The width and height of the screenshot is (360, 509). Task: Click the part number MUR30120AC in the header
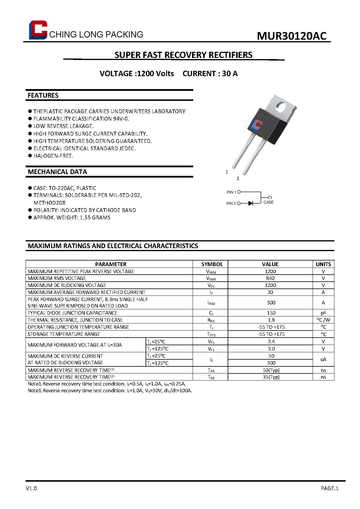(291, 36)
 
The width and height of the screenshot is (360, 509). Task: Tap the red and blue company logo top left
(38, 30)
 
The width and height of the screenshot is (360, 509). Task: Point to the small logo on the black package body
(257, 125)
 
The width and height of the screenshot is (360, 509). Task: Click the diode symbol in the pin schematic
(250, 203)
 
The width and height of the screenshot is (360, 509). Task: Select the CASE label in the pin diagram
(268, 202)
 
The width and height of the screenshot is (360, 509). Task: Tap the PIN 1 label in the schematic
(231, 192)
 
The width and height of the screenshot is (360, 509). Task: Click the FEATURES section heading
(43, 95)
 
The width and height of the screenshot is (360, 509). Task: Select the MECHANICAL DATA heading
(57, 172)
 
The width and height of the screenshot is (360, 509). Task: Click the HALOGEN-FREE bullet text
(53, 156)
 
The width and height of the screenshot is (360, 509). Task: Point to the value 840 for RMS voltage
(270, 278)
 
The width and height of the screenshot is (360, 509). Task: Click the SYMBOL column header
(212, 264)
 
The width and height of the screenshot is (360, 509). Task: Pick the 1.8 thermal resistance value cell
(271, 320)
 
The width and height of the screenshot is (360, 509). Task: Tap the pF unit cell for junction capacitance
(323, 313)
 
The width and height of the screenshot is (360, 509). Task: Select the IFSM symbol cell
(211, 303)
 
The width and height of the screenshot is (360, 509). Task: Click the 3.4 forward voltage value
(271, 341)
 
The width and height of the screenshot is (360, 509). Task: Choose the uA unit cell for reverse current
(323, 359)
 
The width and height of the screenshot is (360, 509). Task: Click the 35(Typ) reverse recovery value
(271, 377)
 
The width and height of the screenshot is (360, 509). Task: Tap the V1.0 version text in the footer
(31, 488)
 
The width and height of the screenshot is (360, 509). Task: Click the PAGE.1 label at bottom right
(329, 488)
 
